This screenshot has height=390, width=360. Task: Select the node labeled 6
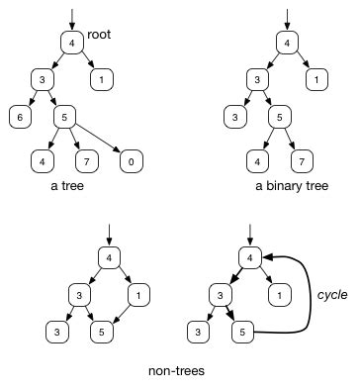tap(19, 116)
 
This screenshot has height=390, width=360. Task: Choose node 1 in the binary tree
tap(316, 78)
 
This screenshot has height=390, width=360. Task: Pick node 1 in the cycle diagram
tap(281, 295)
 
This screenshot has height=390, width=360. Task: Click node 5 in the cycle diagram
tap(249, 334)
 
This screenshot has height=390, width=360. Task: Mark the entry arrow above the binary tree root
tap(285, 19)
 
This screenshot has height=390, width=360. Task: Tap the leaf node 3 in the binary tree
tap(234, 116)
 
